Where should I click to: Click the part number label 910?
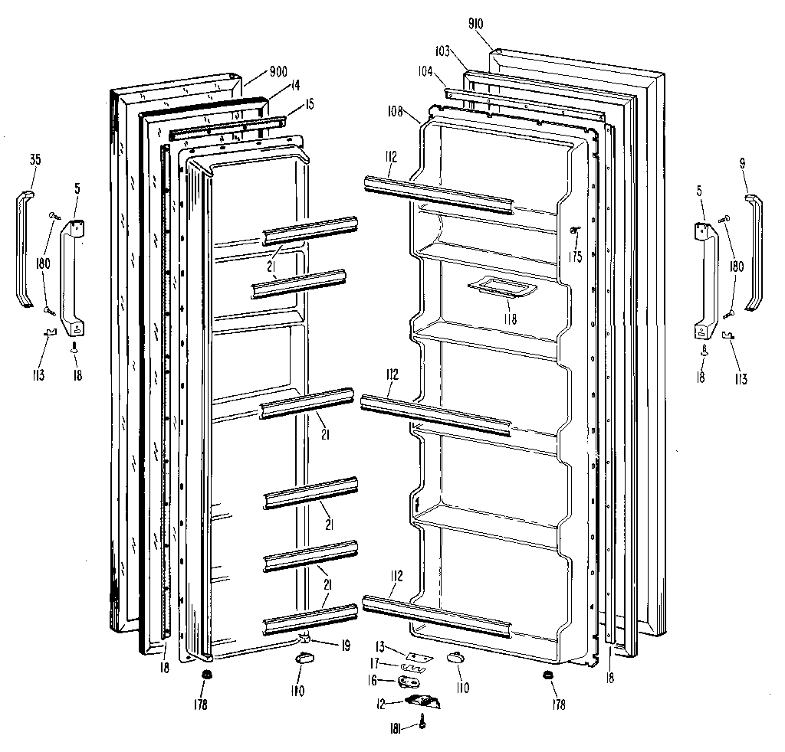(x=475, y=24)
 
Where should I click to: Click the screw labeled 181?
(x=422, y=719)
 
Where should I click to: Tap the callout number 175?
(x=574, y=257)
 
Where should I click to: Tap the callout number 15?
(x=309, y=104)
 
